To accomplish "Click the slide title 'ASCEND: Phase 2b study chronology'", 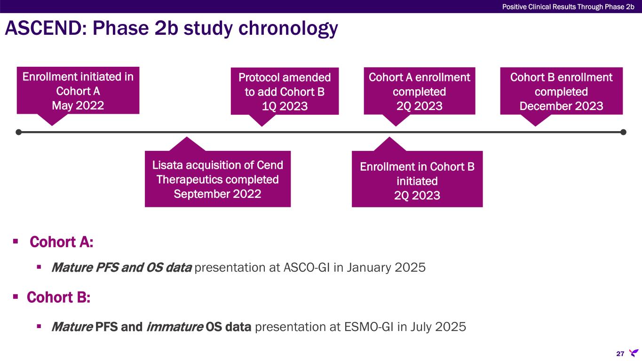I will point(171,29).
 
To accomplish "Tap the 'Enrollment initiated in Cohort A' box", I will point(78,90).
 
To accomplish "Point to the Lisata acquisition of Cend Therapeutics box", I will point(218,179).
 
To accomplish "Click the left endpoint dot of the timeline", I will point(18,132).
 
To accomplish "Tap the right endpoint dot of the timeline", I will point(624,132).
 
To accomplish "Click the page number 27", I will point(620,353).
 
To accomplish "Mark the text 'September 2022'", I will point(217,194).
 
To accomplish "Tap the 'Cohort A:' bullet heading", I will point(61,243).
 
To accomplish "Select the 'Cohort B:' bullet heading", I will point(58,298).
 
